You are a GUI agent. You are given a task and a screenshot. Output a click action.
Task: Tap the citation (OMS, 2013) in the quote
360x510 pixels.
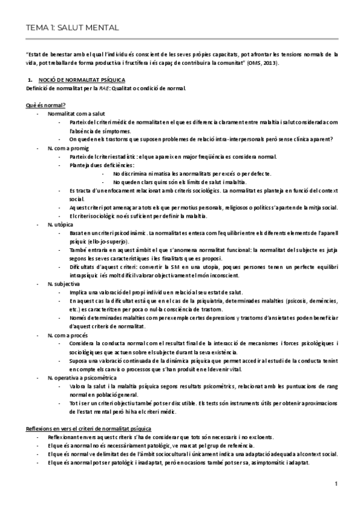pyautogui.click(x=266, y=63)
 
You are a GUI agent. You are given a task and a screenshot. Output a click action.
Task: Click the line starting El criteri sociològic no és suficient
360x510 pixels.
pyautogui.click(x=143, y=215)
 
